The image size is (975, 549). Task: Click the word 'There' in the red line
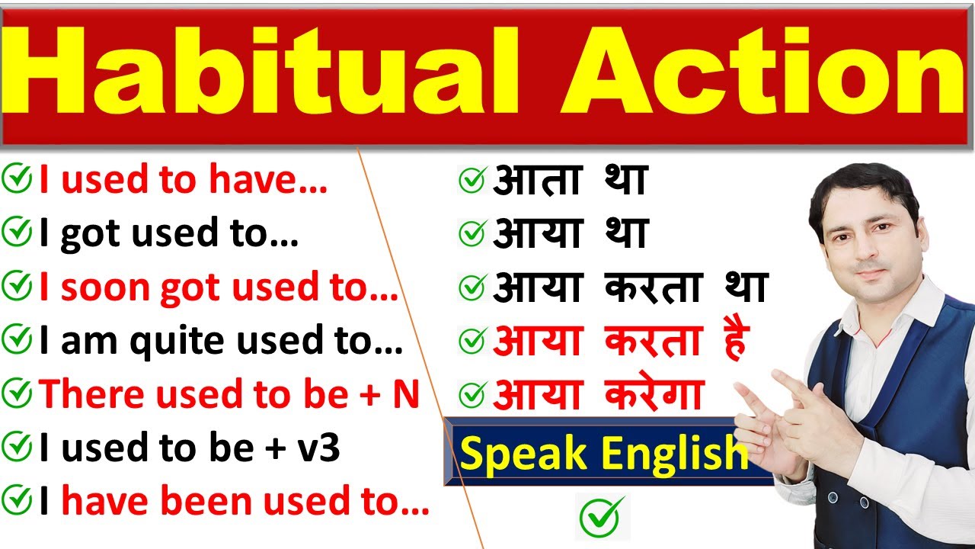[85, 395]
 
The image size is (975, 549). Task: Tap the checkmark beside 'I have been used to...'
[17, 502]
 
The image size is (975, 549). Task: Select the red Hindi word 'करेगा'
[654, 395]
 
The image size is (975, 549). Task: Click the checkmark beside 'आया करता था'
[472, 288]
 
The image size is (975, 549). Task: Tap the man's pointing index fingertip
[743, 394]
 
